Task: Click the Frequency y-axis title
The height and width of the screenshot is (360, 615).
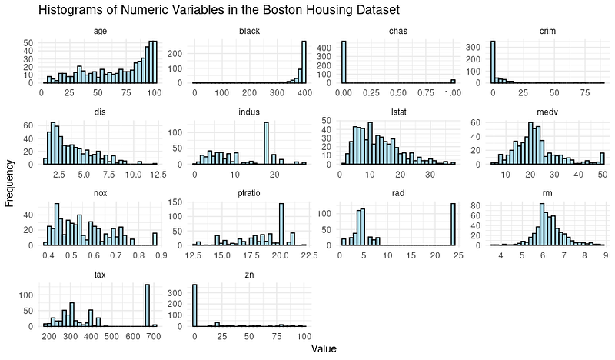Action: point(9,183)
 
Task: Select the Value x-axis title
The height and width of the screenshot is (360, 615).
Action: point(324,348)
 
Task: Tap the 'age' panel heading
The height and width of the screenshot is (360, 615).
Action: point(100,32)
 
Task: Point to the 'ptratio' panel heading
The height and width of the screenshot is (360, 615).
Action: point(249,194)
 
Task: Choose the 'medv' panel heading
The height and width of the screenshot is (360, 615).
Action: point(547,112)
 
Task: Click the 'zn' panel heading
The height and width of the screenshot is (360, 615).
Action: point(249,275)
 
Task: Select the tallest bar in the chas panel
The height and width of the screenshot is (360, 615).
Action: point(344,62)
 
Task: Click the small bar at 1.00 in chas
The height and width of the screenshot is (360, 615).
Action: point(453,82)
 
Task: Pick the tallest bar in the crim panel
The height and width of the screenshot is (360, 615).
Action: point(493,62)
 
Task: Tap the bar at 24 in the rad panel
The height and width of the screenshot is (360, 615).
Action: point(453,224)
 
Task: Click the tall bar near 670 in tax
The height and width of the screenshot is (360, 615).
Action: point(147,305)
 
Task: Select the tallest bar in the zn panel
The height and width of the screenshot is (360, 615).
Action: point(194,305)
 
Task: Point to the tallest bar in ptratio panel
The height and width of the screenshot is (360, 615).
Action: point(281,224)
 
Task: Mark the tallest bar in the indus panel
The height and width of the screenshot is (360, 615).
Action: point(266,143)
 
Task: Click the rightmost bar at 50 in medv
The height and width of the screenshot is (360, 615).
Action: point(602,158)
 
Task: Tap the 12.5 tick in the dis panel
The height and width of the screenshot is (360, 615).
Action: point(158,175)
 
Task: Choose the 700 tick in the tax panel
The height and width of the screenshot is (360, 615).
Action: point(155,337)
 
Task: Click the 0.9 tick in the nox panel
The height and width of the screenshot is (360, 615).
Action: point(161,255)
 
